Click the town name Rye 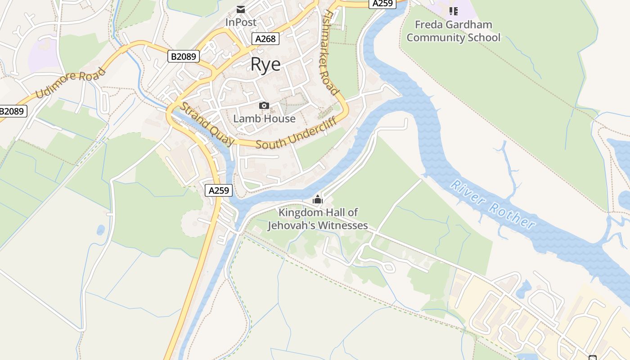pyautogui.click(x=265, y=64)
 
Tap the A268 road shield pyautogui.click(x=265, y=39)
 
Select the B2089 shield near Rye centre pyautogui.click(x=184, y=56)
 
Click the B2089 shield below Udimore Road pyautogui.click(x=13, y=111)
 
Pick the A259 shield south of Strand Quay pyautogui.click(x=219, y=190)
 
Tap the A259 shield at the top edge pyautogui.click(x=382, y=4)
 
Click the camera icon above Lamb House pyautogui.click(x=264, y=106)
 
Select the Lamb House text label pyautogui.click(x=264, y=119)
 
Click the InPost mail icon pyautogui.click(x=241, y=9)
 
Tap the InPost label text pyautogui.click(x=241, y=22)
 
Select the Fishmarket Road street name pyautogui.click(x=330, y=53)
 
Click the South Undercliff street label pyautogui.click(x=296, y=133)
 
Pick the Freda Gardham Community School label pyautogui.click(x=453, y=31)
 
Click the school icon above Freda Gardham pyautogui.click(x=453, y=11)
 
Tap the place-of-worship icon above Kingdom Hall pyautogui.click(x=318, y=199)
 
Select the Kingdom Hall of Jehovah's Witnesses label pyautogui.click(x=318, y=219)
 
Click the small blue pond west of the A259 pyautogui.click(x=100, y=230)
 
